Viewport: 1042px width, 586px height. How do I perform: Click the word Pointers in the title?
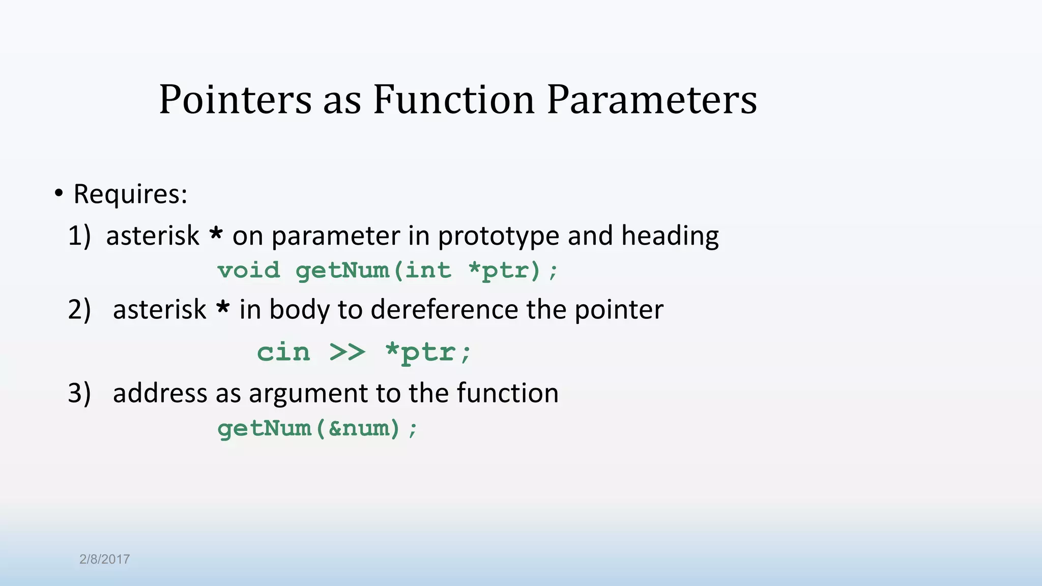235,100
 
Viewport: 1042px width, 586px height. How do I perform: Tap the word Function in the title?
453,100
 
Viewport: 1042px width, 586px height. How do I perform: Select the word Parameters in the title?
652,100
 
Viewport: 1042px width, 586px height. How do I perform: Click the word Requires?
130,194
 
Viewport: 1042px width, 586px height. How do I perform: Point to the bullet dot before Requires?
59,194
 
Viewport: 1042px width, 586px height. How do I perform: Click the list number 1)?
79,236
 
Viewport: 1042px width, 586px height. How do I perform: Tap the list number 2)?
79,310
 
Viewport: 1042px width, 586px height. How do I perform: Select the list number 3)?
79,394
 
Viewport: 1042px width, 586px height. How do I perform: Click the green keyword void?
249,271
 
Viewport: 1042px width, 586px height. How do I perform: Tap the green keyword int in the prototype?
428,271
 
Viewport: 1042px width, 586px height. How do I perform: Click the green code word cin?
283,352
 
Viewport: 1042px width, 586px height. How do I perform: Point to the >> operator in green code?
347,352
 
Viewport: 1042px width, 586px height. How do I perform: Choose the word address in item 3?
160,394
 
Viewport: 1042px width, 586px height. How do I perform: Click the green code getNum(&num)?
317,428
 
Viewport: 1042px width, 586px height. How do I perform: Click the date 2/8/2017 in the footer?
104,560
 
